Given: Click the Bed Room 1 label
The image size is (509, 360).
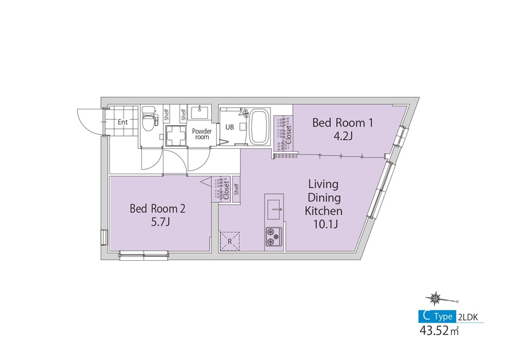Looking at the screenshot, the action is (342, 123).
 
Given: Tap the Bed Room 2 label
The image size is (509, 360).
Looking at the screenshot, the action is (157, 209).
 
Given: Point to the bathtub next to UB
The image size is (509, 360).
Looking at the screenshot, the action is (260, 127).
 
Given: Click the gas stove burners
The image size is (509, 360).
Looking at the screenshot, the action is (274, 237).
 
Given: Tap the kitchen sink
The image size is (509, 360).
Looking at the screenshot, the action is (274, 209).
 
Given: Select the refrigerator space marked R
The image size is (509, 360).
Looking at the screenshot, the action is (230, 241).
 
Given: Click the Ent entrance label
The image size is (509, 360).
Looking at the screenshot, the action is (123, 122).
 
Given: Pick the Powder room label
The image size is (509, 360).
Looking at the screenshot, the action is (202, 134).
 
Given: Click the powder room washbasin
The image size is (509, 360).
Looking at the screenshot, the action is (200, 112).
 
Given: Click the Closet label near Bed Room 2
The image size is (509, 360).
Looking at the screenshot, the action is (227, 190).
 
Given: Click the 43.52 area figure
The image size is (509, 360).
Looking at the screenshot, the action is (435, 331).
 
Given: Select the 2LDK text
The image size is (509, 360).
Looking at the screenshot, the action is (468, 317).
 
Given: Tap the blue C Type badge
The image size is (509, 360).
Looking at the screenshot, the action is (437, 316).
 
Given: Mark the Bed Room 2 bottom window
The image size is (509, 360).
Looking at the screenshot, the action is (144, 256).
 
